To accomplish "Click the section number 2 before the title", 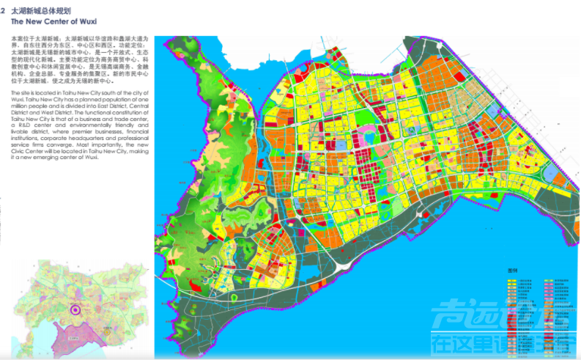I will (x=4, y=12).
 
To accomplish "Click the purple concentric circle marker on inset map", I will (x=73, y=310).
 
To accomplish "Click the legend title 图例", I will (x=513, y=270).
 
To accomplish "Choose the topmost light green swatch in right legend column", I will (x=547, y=279).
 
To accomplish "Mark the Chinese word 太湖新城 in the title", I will (x=29, y=12).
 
